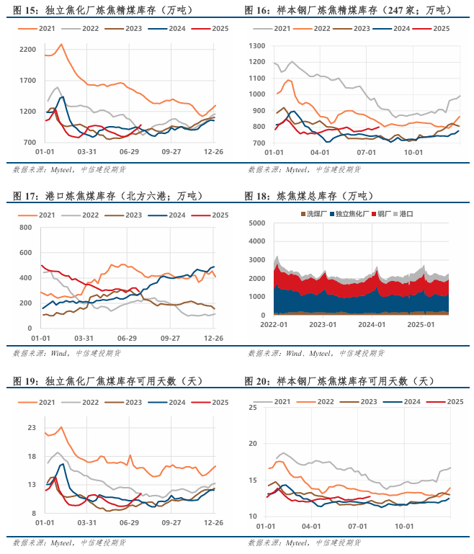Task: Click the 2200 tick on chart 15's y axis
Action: (x=27, y=49)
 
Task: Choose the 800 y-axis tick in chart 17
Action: (x=25, y=227)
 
